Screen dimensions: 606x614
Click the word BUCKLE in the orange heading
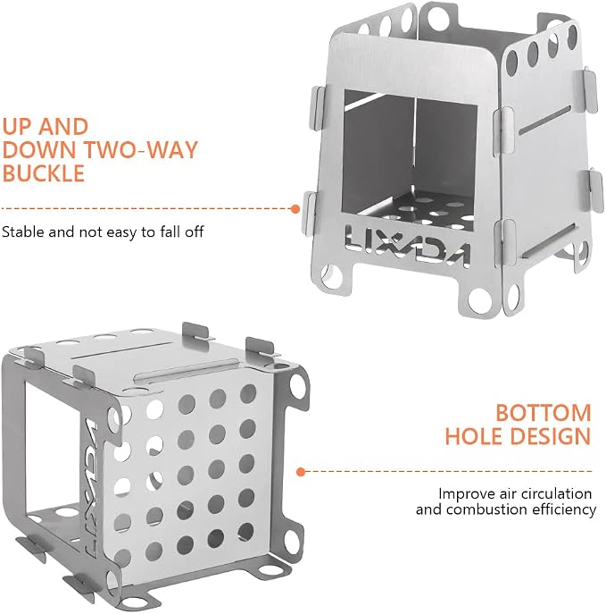[x=44, y=173]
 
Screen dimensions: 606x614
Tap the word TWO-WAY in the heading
[x=142, y=149]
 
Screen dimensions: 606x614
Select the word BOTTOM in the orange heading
[x=544, y=413]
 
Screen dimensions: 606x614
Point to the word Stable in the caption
[x=23, y=231]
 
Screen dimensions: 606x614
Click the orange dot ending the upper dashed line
[x=295, y=209]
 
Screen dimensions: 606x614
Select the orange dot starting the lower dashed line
[x=301, y=472]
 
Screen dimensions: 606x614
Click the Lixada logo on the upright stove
[x=408, y=247]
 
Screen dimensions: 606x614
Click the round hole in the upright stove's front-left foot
[x=331, y=276]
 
